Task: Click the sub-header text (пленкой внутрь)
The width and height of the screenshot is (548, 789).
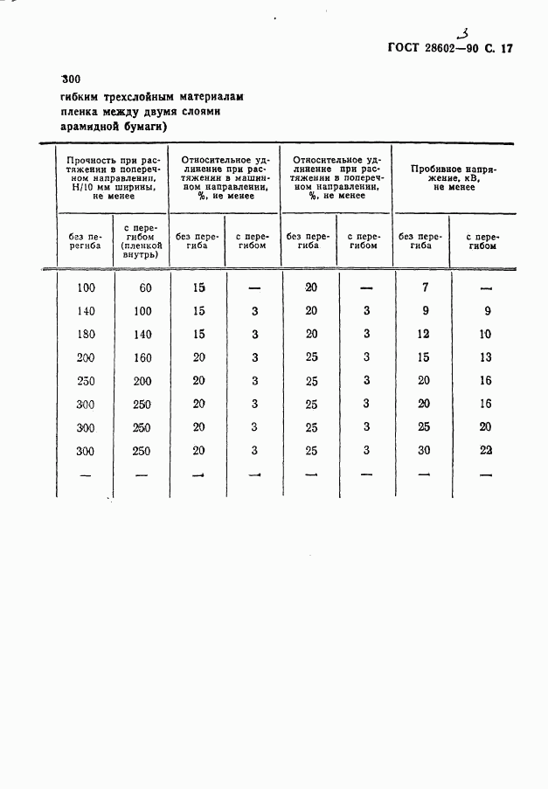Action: point(140,252)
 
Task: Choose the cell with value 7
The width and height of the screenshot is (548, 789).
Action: point(424,287)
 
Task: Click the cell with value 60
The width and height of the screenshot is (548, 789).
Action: point(142,287)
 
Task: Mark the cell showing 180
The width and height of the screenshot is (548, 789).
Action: point(86,335)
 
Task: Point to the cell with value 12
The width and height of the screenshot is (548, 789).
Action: point(424,334)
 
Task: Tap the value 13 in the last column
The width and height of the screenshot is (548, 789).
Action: point(486,357)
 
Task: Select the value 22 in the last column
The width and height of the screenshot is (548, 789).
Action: point(486,451)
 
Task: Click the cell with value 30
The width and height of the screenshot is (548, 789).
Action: point(424,451)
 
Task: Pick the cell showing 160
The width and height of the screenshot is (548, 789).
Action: point(142,358)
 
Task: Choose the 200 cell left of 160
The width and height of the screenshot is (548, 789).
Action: point(86,358)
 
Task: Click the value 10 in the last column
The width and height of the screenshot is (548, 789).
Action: point(486,334)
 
